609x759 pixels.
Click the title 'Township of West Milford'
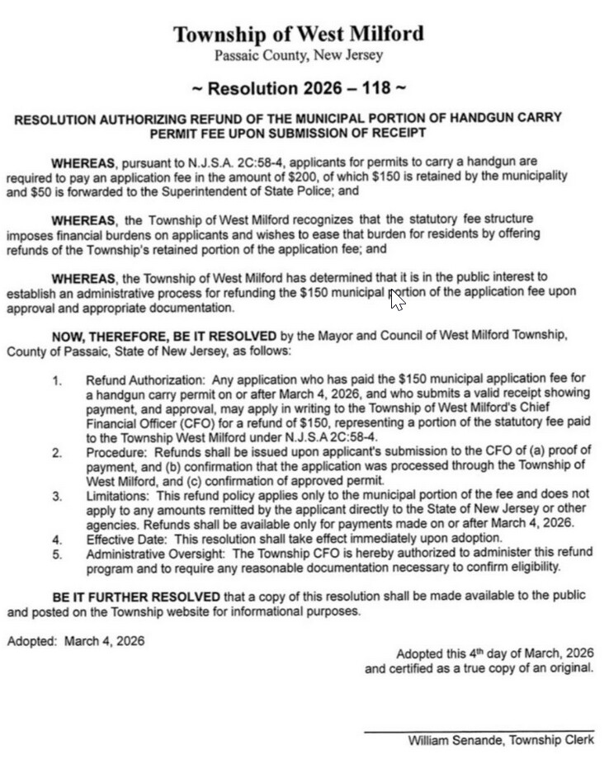click(x=298, y=34)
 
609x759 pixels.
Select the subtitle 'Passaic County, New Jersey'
click(x=298, y=55)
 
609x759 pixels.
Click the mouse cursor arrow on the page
click(x=397, y=299)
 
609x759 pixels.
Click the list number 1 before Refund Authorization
click(x=56, y=381)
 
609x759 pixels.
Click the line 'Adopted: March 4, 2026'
click(x=75, y=641)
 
